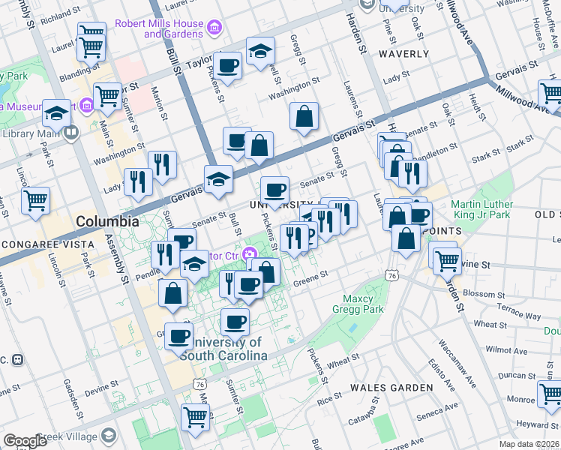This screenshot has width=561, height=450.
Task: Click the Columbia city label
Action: pyautogui.click(x=107, y=222)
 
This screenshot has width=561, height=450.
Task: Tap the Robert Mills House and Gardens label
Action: pyautogui.click(x=158, y=28)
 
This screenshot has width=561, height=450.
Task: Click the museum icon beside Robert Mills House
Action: pyautogui.click(x=215, y=28)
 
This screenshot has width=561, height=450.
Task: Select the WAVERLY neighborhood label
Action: pyautogui.click(x=403, y=54)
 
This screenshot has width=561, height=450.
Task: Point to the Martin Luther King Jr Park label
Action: pyautogui.click(x=482, y=210)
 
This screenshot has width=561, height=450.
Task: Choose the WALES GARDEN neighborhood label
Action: pyautogui.click(x=392, y=388)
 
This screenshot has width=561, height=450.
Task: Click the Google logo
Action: pyautogui.click(x=25, y=441)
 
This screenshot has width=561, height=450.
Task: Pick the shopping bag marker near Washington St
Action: pyautogui.click(x=304, y=116)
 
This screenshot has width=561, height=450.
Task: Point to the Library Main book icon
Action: pyautogui.click(x=71, y=133)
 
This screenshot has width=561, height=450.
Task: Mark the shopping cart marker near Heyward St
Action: pyautogui.click(x=550, y=394)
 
